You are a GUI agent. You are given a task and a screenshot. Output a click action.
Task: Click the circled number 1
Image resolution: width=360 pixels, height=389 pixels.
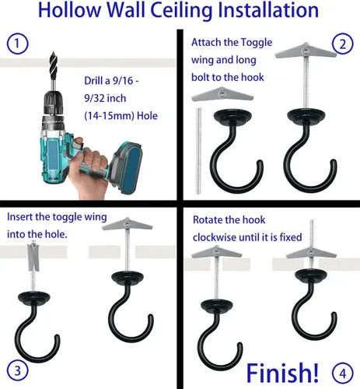[17, 44]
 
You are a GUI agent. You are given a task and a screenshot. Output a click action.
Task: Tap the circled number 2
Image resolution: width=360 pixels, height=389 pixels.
[343, 44]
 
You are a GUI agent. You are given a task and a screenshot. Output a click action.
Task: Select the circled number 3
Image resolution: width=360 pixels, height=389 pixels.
[17, 371]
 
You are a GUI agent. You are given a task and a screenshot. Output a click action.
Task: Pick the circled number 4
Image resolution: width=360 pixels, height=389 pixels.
[343, 373]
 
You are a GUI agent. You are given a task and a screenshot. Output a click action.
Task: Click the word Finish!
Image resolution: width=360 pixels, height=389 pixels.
[282, 373]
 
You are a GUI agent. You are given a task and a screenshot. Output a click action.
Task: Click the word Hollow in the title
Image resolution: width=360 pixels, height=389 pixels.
[69, 10]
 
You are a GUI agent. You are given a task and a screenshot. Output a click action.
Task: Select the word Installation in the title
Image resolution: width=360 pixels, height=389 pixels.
[268, 10]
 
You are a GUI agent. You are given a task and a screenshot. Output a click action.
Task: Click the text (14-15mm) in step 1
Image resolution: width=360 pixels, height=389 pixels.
[109, 116]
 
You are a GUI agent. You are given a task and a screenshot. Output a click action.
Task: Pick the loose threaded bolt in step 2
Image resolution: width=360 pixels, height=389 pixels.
[198, 151]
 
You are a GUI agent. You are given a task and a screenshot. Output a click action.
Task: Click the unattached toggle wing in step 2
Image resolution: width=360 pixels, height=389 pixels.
[222, 94]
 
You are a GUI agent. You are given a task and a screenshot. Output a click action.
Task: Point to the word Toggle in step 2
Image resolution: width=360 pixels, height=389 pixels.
[257, 43]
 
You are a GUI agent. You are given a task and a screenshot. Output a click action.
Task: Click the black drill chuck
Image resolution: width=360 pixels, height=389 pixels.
[53, 103]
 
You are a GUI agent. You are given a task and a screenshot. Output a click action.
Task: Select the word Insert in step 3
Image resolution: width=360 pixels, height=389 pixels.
[19, 217]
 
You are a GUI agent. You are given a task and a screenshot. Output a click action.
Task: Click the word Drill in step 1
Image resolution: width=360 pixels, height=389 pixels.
[93, 81]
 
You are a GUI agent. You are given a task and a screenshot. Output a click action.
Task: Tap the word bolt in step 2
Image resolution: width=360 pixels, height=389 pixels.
[200, 77]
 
